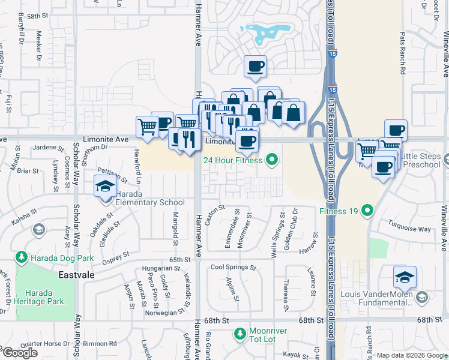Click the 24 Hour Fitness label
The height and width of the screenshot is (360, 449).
232,160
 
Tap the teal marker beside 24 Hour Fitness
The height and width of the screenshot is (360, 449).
272,160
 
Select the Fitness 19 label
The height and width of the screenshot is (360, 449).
339,211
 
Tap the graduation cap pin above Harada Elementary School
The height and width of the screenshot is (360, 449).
106,186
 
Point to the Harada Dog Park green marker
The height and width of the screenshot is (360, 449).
22,257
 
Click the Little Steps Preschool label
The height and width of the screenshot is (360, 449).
424,161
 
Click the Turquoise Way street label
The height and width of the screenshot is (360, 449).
409,229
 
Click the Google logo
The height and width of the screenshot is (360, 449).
19,353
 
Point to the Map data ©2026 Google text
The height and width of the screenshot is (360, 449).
412,355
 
